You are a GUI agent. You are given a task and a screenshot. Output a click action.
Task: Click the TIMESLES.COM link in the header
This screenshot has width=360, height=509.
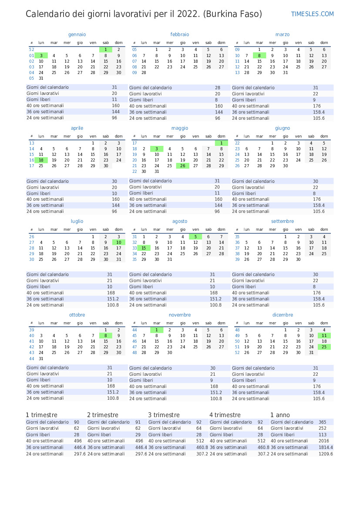coord(312,14)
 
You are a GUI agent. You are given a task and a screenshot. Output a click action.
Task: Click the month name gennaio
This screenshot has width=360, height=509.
coord(77,34)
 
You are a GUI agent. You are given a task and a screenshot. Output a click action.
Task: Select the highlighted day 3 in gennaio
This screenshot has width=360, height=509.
coord(41,56)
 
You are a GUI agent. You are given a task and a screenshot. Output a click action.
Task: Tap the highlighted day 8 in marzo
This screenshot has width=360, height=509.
coord(259,56)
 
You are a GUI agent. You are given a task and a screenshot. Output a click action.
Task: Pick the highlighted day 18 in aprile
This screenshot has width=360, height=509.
coord(41,160)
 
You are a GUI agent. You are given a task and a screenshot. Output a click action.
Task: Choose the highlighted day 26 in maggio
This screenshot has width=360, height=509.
coord(183,165)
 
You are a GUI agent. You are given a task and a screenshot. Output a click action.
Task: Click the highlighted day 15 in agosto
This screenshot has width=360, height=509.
coord(144,248)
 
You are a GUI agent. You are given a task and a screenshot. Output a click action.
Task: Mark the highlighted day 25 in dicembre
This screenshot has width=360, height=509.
coord(324,347)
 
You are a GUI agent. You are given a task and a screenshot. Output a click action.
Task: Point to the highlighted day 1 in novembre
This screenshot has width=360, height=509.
coord(157,330)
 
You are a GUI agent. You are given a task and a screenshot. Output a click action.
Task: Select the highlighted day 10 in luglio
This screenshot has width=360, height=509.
coord(118,242)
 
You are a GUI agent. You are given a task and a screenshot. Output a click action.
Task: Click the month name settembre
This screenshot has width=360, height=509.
coord(283,221)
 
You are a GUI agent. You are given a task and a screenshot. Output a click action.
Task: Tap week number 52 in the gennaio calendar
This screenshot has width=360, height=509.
coord(31,50)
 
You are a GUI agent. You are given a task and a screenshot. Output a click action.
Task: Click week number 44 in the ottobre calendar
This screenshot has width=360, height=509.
coord(31,359)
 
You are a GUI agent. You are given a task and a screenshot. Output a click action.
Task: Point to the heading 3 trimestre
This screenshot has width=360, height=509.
coord(164,415)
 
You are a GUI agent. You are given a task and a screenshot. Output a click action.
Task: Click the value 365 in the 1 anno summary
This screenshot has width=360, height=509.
coord(322,422)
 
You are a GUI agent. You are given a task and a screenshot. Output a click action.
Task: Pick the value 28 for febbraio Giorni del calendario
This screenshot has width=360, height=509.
coord(218,88)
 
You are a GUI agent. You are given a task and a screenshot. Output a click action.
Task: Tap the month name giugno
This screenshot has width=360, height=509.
coord(283,128)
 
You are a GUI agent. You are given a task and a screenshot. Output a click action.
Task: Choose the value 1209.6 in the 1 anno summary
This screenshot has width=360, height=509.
coord(326,454)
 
